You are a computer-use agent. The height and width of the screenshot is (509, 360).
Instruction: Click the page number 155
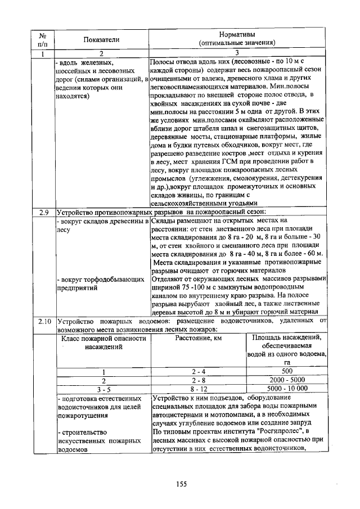(181, 485)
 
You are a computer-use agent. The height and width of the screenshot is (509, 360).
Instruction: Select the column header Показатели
(102, 38)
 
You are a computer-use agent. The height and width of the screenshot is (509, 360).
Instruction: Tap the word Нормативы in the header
(236, 33)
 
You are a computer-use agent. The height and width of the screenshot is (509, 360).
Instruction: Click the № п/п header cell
(43, 38)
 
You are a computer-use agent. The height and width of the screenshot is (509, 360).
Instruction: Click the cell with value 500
(286, 371)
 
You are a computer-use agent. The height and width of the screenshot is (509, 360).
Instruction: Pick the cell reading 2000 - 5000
(286, 380)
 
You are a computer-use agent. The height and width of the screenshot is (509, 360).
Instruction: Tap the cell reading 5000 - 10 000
(286, 388)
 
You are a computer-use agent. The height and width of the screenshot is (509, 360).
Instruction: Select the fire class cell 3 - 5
(103, 388)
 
